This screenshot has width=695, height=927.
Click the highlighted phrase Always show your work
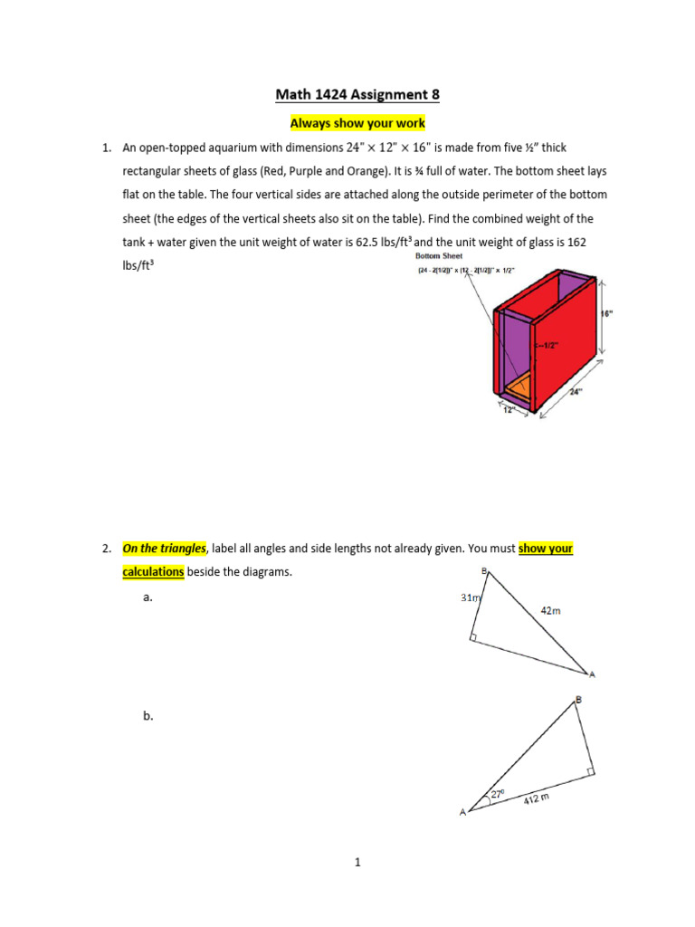(357, 123)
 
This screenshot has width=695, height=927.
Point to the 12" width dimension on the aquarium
(509, 409)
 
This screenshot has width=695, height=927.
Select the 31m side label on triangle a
(471, 597)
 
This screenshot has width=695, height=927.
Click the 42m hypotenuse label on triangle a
(550, 611)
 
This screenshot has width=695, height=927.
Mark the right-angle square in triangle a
(475, 638)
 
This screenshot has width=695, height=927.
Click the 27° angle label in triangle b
(497, 794)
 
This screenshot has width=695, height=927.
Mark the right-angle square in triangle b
(589, 771)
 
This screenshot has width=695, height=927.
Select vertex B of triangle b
(578, 699)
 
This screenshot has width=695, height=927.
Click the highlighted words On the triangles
(164, 549)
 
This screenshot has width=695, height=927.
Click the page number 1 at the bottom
(357, 863)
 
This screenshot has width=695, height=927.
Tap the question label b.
(148, 715)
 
